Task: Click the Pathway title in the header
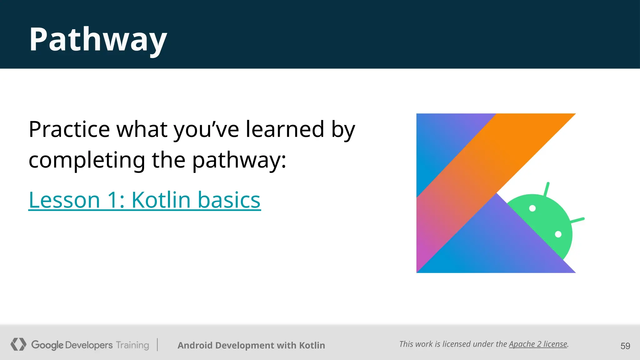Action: pyautogui.click(x=98, y=40)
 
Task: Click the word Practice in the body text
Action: pyautogui.click(x=69, y=129)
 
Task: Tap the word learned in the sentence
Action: pyautogui.click(x=285, y=129)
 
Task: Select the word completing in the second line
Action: pyautogui.click(x=87, y=160)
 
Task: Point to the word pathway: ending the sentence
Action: pyautogui.click(x=239, y=160)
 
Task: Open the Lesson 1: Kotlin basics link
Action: pyautogui.click(x=144, y=200)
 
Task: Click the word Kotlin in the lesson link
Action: pyautogui.click(x=161, y=200)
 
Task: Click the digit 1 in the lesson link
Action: pyautogui.click(x=113, y=200)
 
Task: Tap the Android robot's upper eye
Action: pyautogui.click(x=532, y=208)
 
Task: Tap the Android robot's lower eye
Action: pyautogui.click(x=558, y=234)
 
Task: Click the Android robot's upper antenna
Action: pyautogui.click(x=547, y=189)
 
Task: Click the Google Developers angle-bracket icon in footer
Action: pyautogui.click(x=18, y=344)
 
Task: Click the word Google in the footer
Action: pyautogui.click(x=47, y=345)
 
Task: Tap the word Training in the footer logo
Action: pyautogui.click(x=132, y=345)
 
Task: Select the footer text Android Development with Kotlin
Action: pyautogui.click(x=251, y=345)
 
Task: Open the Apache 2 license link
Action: pyautogui.click(x=538, y=344)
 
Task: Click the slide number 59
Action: pyautogui.click(x=625, y=346)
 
